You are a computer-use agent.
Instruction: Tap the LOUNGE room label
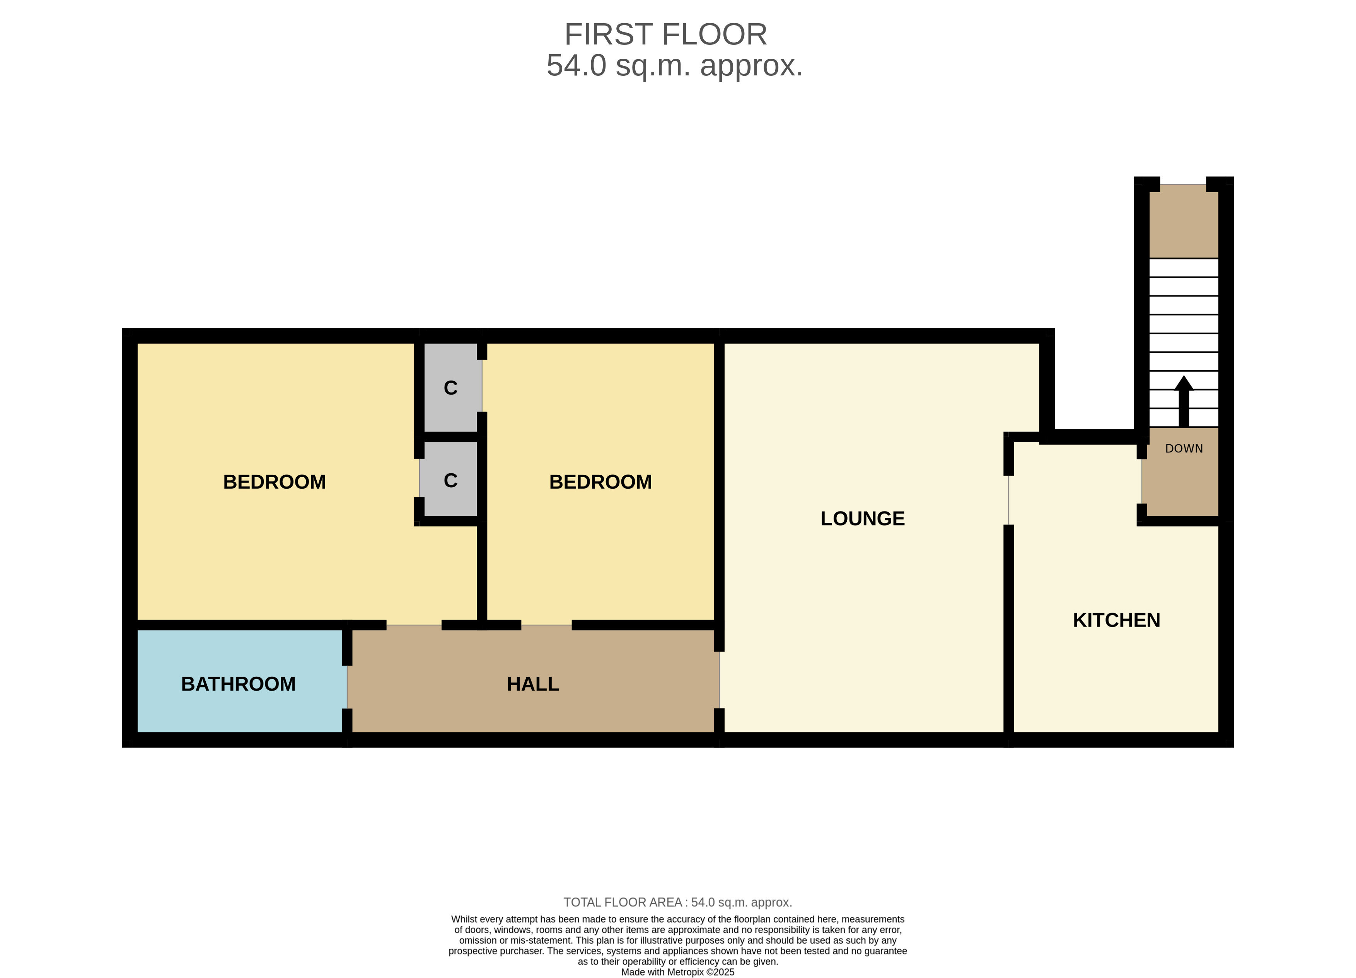tap(862, 518)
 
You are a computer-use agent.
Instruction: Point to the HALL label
tap(533, 684)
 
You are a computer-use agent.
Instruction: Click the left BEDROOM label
tap(275, 482)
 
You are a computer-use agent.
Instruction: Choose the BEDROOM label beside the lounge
tap(600, 482)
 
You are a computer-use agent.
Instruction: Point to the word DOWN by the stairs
tap(1184, 448)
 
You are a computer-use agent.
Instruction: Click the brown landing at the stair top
tap(1184, 221)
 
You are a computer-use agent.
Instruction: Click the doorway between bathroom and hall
tap(347, 687)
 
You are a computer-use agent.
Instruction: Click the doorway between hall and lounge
tap(719, 680)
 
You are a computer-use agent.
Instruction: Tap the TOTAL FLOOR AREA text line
tap(677, 902)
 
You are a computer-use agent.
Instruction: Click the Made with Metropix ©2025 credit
tap(677, 972)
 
